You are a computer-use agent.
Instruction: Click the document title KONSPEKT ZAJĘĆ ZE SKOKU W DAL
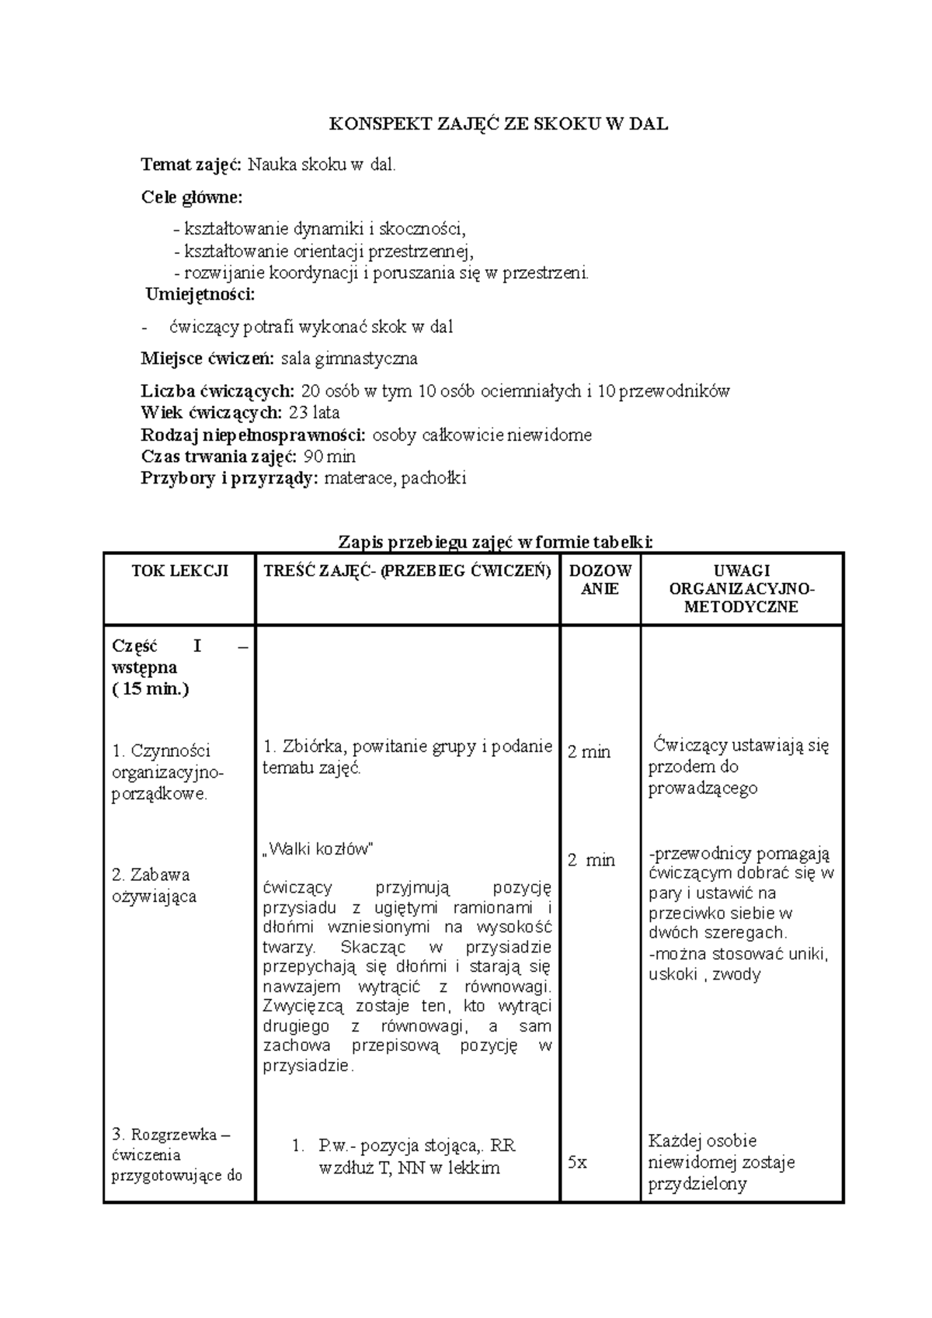[x=498, y=124]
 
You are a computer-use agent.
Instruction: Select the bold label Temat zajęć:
[x=191, y=165]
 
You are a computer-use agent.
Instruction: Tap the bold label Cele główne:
[x=191, y=197]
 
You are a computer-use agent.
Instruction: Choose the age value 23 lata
[x=314, y=412]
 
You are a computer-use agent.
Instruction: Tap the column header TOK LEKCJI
[x=179, y=571]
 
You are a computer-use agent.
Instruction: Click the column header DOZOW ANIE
[x=600, y=580]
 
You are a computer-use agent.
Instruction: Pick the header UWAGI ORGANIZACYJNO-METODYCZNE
[x=741, y=589]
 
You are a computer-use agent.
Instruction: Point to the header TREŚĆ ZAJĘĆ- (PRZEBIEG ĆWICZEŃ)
[x=407, y=571]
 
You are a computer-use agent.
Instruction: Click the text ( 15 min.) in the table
[x=151, y=688]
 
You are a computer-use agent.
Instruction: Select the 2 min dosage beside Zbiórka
[x=589, y=751]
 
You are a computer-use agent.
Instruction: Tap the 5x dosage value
[x=577, y=1162]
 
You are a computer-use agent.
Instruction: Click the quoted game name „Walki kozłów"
[x=318, y=848]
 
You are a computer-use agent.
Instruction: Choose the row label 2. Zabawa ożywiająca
[x=154, y=886]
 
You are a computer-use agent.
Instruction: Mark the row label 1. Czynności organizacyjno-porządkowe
[x=167, y=772]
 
